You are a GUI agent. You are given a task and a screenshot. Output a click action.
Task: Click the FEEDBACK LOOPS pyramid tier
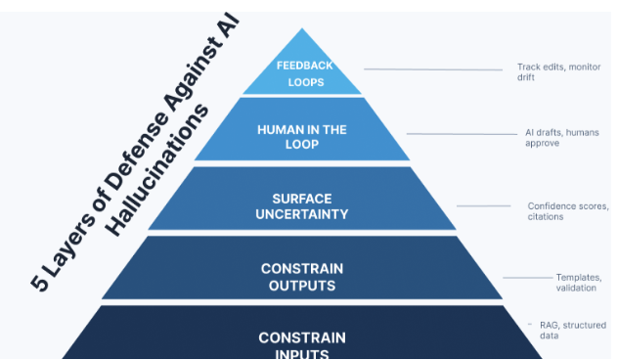click(302, 74)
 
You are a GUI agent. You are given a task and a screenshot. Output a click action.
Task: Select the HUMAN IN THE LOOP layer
click(302, 136)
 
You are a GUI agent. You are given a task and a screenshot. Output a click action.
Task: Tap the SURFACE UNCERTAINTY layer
click(302, 206)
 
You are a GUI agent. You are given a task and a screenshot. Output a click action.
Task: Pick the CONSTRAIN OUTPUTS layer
click(302, 277)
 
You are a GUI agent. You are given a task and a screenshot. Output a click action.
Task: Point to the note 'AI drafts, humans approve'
click(558, 137)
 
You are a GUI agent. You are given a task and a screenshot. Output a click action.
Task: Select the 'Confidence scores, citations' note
click(567, 211)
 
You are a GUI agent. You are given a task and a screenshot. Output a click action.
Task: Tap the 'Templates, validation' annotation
click(578, 283)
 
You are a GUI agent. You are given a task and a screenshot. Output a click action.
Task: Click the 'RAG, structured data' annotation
click(572, 331)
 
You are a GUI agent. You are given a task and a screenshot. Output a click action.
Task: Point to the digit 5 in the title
click(39, 282)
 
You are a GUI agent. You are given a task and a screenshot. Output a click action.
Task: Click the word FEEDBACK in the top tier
click(304, 66)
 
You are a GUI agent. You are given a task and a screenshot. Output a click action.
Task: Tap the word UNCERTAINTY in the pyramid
click(303, 214)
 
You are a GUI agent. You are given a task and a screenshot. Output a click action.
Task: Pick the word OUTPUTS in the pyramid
click(302, 286)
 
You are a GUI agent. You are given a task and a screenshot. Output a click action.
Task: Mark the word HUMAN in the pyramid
click(277, 129)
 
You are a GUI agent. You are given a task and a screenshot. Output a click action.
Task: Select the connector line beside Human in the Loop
click(459, 133)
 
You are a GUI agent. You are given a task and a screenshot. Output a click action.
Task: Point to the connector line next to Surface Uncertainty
click(483, 205)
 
